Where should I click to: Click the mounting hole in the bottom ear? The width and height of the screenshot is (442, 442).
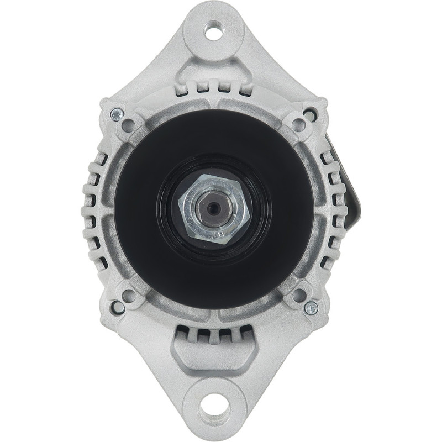pos(212,411)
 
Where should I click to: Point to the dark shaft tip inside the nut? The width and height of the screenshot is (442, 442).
pos(212,209)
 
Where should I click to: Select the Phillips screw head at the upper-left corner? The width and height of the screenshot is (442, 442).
pos(115,114)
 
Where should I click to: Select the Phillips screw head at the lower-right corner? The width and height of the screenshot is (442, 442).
pos(313,306)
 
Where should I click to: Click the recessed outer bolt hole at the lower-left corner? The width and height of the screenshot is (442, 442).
pos(118,304)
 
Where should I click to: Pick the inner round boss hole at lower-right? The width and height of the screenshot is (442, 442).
pos(299,294)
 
